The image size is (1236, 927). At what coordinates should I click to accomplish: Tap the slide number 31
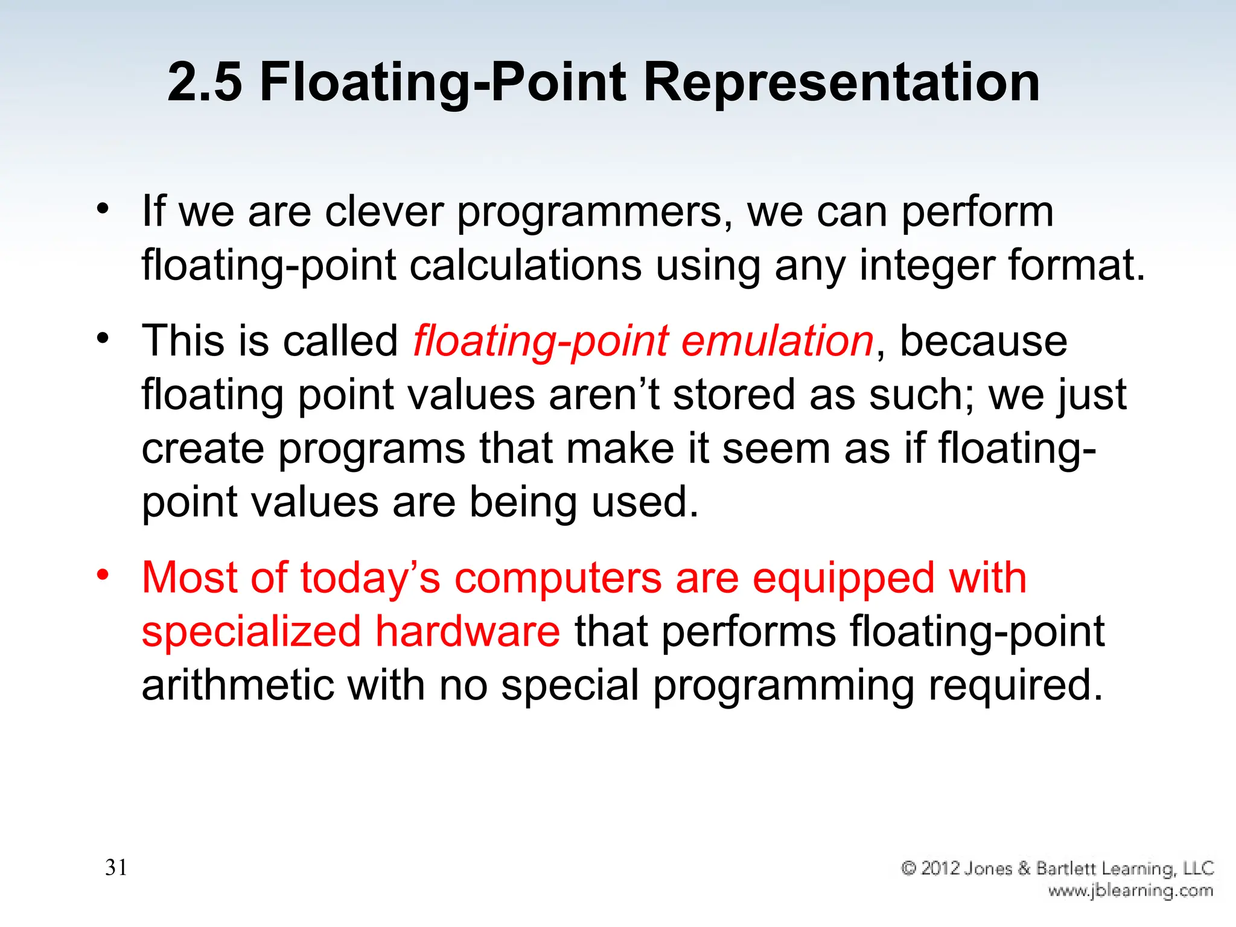(x=116, y=867)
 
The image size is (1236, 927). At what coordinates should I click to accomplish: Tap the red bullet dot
(x=103, y=573)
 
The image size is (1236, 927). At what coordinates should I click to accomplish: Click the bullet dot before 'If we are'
(x=103, y=208)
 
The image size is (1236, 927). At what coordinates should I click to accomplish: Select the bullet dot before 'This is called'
(x=103, y=337)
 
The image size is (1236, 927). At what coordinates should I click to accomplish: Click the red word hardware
(x=468, y=631)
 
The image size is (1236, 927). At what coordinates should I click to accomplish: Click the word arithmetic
(x=238, y=685)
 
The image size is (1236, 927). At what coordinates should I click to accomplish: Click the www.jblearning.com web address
(x=1130, y=891)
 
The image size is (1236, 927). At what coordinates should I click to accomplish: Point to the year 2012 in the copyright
(x=940, y=868)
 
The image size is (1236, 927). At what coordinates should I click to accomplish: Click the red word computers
(x=558, y=579)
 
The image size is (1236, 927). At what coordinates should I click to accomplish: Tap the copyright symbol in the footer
(x=908, y=868)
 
